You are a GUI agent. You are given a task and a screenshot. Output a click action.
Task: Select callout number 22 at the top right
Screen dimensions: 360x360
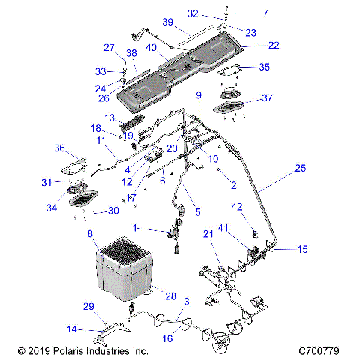click(274, 46)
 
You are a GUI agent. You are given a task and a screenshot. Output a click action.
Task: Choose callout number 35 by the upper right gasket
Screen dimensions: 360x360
click(263, 67)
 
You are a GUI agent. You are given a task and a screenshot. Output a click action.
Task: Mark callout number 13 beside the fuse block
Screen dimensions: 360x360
click(109, 118)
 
